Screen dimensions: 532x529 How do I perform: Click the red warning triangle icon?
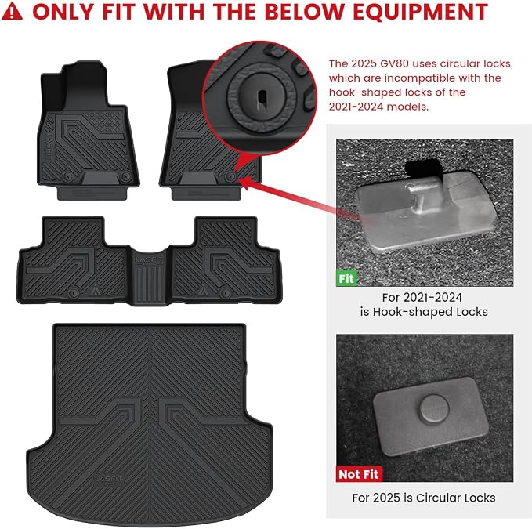pos(12,12)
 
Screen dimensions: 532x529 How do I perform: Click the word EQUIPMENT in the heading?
pos(420,12)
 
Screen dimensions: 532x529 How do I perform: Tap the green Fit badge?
pos(346,278)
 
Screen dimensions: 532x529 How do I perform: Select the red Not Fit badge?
pos(359,474)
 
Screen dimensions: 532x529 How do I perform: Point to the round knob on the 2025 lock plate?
pos(434,408)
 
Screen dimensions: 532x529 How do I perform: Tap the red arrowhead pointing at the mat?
pos(248,183)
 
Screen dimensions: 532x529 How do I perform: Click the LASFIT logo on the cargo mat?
pos(109,478)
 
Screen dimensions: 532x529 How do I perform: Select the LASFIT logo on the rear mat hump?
pos(149,259)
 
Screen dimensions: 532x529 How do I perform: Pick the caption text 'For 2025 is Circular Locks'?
pos(423,498)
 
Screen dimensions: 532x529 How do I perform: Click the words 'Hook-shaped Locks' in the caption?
pos(430,312)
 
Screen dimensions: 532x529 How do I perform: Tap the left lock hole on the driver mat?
pos(67,176)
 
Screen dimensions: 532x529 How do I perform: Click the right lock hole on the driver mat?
pos(126,176)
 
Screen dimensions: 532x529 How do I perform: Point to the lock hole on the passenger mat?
pos(230,176)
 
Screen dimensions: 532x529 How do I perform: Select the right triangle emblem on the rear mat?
pos(203,291)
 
